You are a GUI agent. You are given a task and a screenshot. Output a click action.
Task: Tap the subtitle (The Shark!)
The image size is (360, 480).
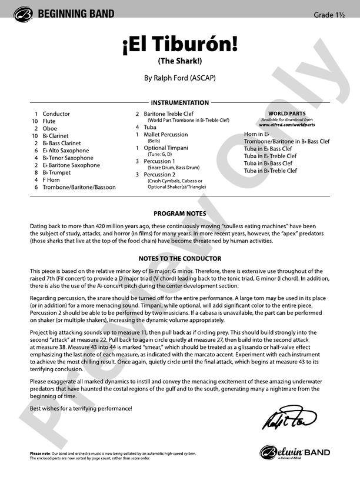(179, 61)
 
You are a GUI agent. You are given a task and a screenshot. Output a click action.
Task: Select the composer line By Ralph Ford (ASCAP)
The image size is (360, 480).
(179, 77)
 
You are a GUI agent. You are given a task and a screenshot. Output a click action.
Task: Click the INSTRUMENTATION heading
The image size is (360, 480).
(179, 102)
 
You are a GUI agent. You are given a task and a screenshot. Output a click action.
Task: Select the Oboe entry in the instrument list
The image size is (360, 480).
(50, 128)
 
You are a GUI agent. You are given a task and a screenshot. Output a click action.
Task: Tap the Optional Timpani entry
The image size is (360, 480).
(166, 148)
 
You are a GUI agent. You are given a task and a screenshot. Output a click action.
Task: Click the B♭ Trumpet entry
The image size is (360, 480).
(56, 173)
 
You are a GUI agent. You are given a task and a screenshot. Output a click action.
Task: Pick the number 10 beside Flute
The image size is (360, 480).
(35, 121)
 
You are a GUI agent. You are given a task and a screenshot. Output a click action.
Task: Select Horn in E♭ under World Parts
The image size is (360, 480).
(257, 135)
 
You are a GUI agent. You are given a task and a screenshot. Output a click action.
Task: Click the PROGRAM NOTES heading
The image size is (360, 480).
(179, 214)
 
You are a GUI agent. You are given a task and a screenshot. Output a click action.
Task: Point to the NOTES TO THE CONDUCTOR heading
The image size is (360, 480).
(179, 258)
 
